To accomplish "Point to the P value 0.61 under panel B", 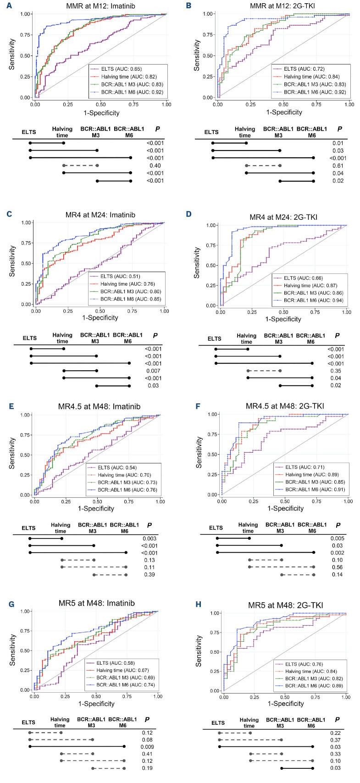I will point(338,166).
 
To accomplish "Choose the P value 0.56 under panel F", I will point(337,567).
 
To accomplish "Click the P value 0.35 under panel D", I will point(337,371).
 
